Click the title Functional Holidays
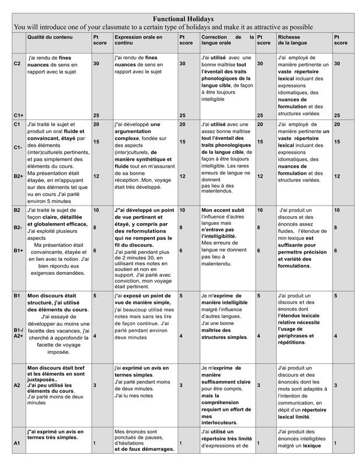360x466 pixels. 183,19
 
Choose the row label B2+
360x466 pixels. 18,175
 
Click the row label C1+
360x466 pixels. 17,115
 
